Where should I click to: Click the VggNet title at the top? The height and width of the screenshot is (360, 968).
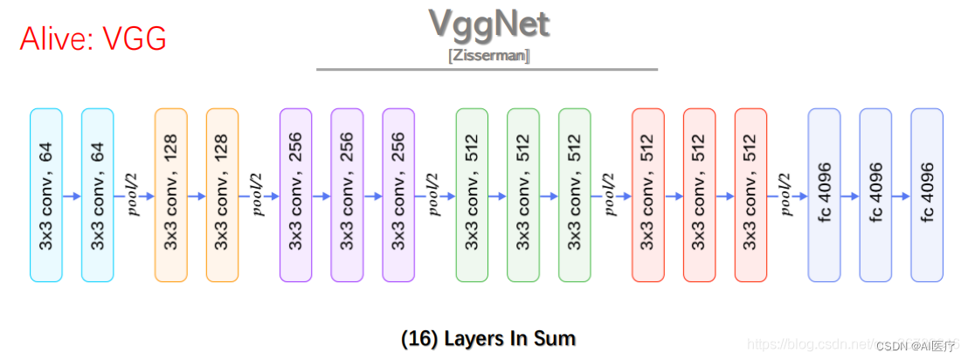(x=488, y=24)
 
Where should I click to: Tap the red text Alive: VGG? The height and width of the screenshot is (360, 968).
(x=93, y=39)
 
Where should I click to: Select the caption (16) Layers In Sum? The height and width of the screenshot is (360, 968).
(x=488, y=338)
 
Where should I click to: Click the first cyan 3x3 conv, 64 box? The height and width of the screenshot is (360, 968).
(x=46, y=196)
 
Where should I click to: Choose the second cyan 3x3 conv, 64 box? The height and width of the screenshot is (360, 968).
(x=98, y=196)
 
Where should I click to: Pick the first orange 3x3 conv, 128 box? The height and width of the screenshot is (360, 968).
(x=171, y=196)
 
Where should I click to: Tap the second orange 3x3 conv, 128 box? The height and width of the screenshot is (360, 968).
(x=222, y=196)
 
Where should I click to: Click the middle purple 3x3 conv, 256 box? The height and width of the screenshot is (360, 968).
(x=347, y=196)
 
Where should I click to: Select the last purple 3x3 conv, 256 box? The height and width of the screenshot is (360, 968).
(x=398, y=196)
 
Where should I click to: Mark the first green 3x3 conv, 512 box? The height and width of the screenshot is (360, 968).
(x=473, y=196)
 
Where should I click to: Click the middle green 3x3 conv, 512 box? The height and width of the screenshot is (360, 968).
(x=523, y=196)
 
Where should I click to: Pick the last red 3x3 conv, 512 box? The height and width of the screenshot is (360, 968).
(x=750, y=196)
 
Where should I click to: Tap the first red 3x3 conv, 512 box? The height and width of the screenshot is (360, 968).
(x=647, y=196)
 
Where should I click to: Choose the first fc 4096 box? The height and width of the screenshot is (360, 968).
(x=824, y=196)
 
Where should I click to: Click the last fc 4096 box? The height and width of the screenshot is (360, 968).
(x=927, y=196)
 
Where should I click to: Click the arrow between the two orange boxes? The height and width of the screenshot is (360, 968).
(x=197, y=197)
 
